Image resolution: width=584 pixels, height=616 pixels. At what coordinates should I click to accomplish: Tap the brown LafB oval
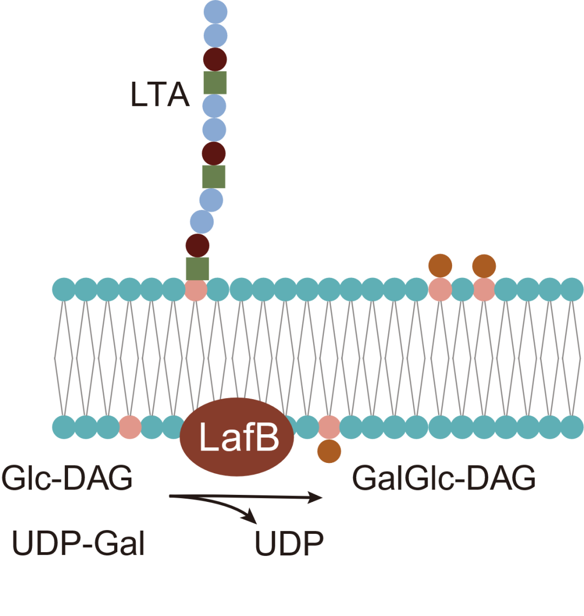click(x=237, y=438)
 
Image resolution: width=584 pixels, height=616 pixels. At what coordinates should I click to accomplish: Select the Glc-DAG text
click(x=67, y=479)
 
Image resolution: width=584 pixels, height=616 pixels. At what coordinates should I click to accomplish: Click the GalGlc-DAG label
click(x=443, y=479)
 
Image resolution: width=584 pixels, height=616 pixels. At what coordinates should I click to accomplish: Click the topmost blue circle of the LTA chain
click(x=215, y=11)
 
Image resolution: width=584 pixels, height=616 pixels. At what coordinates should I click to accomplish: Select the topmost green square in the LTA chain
click(x=215, y=83)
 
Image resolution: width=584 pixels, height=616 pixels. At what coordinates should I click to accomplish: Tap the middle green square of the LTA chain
click(x=214, y=177)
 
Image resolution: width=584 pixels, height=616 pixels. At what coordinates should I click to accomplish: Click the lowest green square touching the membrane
click(x=197, y=268)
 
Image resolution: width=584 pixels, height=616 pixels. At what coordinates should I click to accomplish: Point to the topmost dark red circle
click(x=215, y=58)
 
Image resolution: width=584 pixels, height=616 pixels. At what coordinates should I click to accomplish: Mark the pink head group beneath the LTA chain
click(x=195, y=290)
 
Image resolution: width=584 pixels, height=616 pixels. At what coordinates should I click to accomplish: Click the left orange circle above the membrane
click(x=440, y=265)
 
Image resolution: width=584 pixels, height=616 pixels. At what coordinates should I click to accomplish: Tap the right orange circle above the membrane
click(x=484, y=265)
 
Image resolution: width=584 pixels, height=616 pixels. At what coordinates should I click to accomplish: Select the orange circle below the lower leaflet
click(x=329, y=451)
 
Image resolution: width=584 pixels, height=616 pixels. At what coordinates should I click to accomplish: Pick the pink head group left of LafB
click(x=130, y=427)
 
